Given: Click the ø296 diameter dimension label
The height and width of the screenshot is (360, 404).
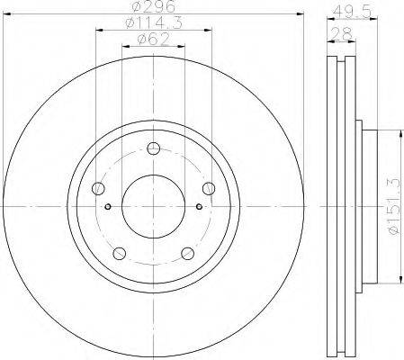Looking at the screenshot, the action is click(x=154, y=6).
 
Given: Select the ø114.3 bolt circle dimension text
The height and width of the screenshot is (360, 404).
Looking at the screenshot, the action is click(x=154, y=23).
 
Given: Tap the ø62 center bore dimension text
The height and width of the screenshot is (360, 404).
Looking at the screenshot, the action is click(x=154, y=39).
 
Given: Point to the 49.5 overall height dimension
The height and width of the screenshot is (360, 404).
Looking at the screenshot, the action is click(x=352, y=12).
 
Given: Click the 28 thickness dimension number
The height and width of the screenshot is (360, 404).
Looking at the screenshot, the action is click(x=341, y=33).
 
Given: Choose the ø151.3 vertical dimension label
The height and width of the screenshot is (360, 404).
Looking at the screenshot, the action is click(x=394, y=206).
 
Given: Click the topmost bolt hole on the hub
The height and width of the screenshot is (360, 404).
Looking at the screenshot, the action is click(x=154, y=148).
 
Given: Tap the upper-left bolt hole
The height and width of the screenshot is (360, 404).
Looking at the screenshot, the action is click(x=98, y=188).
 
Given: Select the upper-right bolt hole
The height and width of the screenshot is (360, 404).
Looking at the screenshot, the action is click(x=209, y=188).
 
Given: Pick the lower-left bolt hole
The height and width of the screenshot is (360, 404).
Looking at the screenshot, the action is click(x=120, y=254).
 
